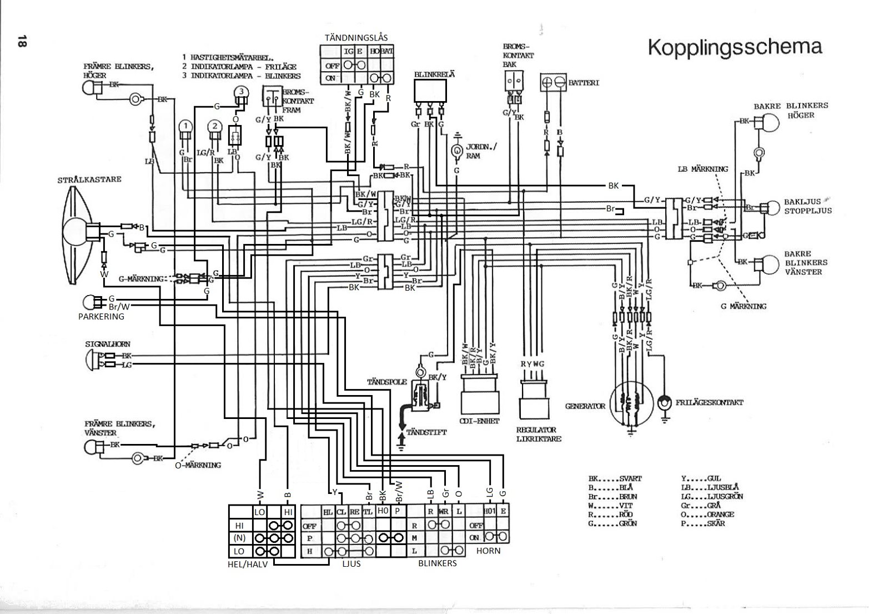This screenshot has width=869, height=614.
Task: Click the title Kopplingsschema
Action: coord(735,47)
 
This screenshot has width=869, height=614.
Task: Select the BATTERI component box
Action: coord(553,82)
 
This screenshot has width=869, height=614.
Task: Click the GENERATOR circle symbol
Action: coord(631,403)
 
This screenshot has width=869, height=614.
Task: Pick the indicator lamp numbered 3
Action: coord(240,92)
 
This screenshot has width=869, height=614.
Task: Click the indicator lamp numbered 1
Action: coord(185,127)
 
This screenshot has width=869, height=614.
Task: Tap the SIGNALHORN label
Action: coord(108,345)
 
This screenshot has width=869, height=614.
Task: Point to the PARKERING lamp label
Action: coord(101,316)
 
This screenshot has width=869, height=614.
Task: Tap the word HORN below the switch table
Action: coord(488,551)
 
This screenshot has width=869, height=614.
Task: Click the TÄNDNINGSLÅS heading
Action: coord(356,37)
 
